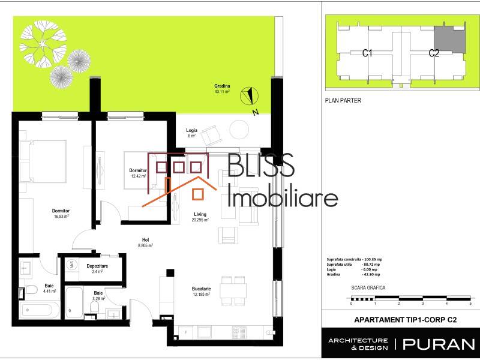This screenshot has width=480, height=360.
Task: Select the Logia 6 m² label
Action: click(191, 133)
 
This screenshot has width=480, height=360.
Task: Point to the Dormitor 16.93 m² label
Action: click(61, 214)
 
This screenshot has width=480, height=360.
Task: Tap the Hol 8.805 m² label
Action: click(144, 242)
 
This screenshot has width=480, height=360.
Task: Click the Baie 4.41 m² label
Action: click(49, 289)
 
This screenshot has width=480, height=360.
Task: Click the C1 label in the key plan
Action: click(368, 53)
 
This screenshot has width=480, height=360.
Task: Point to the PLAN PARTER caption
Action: click(343, 101)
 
